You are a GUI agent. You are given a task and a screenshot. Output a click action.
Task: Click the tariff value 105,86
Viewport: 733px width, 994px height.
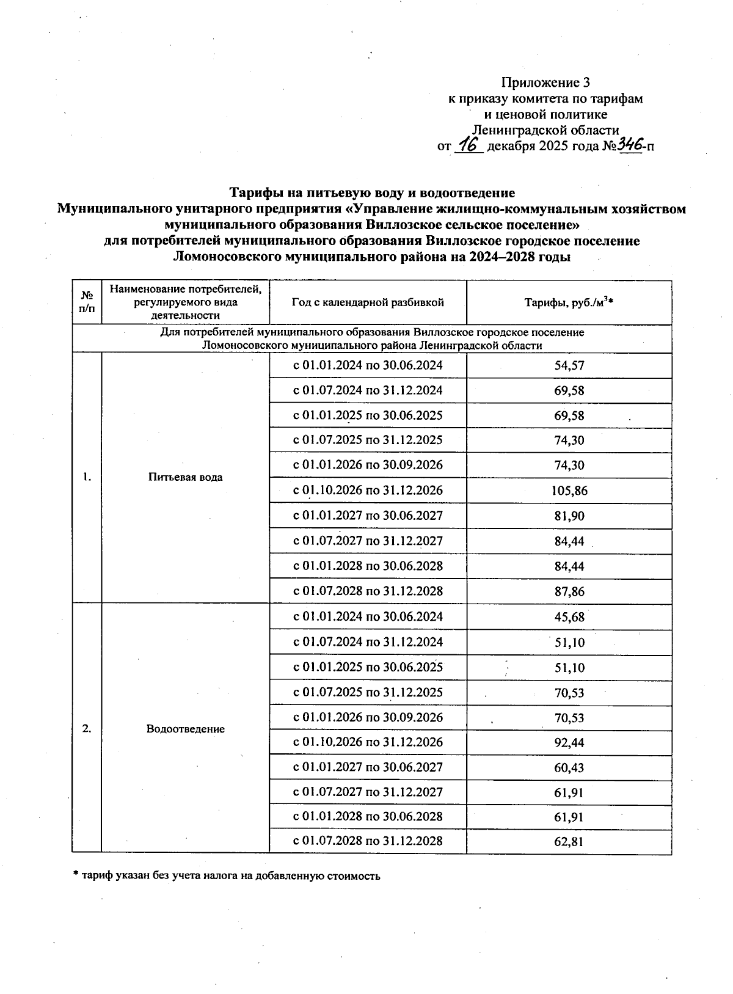pos(569,491)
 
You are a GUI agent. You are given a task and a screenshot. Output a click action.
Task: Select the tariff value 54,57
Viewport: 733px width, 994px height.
pos(569,365)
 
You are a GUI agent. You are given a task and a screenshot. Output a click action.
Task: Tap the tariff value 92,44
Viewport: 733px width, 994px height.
pos(569,742)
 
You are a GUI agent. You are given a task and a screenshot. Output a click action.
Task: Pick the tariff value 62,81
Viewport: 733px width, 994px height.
pos(569,841)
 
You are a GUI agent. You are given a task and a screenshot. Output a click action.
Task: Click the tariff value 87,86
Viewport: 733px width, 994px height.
pos(569,591)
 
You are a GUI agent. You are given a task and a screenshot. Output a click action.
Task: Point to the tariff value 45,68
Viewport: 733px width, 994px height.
pos(569,617)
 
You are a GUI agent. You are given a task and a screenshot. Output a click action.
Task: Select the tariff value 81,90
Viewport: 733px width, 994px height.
pos(569,516)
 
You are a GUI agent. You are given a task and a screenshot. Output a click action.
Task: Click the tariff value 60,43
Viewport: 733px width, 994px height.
pos(569,767)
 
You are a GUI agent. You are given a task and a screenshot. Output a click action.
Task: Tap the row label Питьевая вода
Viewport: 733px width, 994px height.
pos(185,477)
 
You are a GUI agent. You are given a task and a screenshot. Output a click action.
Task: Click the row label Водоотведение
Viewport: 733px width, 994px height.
pos(185,729)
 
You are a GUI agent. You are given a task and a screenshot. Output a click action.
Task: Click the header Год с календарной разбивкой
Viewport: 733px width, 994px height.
pos(368,302)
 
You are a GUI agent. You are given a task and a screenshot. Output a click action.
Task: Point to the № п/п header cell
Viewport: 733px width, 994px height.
pos(87,302)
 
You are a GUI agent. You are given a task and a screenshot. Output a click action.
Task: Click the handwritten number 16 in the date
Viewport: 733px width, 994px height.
pos(469,145)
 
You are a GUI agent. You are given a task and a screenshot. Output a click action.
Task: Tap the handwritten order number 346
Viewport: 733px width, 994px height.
pos(630,145)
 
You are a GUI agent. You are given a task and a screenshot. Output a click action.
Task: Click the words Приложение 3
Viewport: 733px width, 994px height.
pos(545,82)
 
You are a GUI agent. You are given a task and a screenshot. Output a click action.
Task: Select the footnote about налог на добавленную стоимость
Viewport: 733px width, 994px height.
pos(227,875)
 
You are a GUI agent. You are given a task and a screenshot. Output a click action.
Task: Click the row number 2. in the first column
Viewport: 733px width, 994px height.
pos(87,728)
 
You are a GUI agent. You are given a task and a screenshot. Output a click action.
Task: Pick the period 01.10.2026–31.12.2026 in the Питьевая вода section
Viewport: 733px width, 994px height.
pos(368,491)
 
